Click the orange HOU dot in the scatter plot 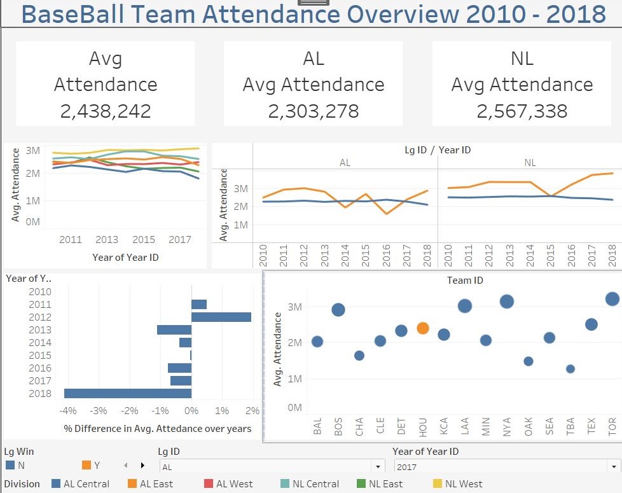click(x=423, y=328)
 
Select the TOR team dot click(x=612, y=299)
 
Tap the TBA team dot click(x=570, y=369)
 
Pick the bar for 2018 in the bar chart click(x=128, y=393)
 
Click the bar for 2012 click(x=221, y=317)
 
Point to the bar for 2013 click(x=174, y=330)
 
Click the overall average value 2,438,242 click(x=106, y=111)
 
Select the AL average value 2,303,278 click(x=314, y=111)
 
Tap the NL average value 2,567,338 click(x=522, y=111)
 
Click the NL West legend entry click(x=464, y=484)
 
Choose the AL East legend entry click(x=156, y=484)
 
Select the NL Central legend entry click(x=314, y=484)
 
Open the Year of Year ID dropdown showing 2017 click(x=506, y=466)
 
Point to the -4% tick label click(x=68, y=410)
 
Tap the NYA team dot click(x=507, y=302)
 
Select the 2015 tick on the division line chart click(x=144, y=240)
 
